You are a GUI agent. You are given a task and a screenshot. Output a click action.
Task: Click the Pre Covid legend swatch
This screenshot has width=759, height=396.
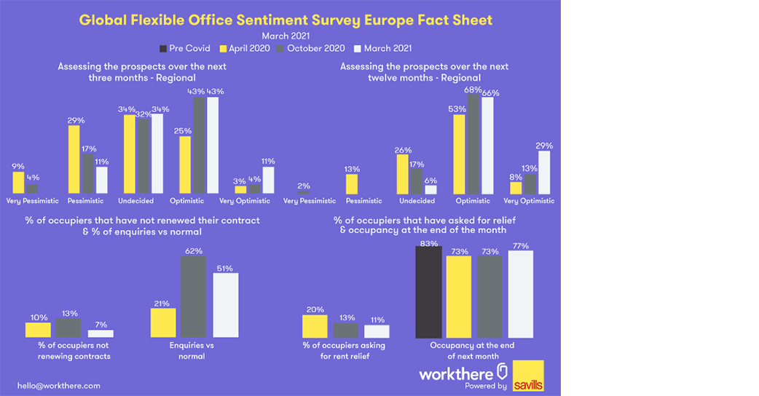[x=163, y=49]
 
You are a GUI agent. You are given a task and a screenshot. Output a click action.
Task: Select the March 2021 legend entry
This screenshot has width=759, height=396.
[x=382, y=49]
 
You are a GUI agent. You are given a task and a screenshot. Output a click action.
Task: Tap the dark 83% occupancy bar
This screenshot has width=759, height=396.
[x=428, y=291]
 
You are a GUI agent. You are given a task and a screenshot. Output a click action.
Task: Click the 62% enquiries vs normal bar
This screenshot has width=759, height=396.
[x=194, y=297]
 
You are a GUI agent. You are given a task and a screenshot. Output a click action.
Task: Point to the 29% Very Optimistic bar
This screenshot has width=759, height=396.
[x=540, y=172]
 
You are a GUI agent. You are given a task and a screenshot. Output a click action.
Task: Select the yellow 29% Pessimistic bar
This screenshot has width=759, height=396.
[x=74, y=159]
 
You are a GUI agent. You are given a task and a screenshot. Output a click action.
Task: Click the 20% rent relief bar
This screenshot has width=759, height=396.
[x=315, y=326]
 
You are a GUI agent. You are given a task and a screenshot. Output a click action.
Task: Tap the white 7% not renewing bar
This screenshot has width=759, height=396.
[x=101, y=333]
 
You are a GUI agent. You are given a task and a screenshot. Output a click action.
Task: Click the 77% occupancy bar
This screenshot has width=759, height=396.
[x=521, y=294]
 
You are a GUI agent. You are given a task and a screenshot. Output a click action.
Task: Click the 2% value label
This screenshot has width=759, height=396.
[x=304, y=186]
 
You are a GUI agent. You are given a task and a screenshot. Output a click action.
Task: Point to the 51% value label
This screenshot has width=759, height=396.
[x=225, y=268]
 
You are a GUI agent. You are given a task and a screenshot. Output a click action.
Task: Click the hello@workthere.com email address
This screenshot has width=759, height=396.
[x=59, y=385]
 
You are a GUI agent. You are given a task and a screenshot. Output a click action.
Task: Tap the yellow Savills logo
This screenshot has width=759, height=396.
[x=528, y=376]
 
